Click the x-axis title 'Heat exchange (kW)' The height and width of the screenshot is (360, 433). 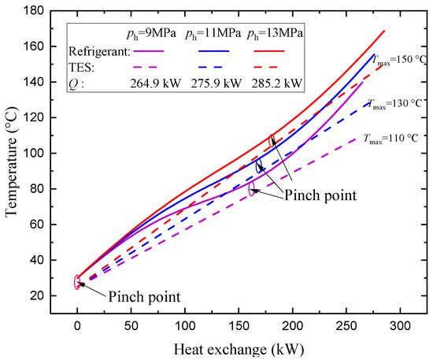tap(235, 348)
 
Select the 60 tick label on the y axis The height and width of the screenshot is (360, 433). tap(37, 225)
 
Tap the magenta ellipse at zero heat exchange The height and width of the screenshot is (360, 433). tap(77, 282)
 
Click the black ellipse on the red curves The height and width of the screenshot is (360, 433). tap(272, 142)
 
